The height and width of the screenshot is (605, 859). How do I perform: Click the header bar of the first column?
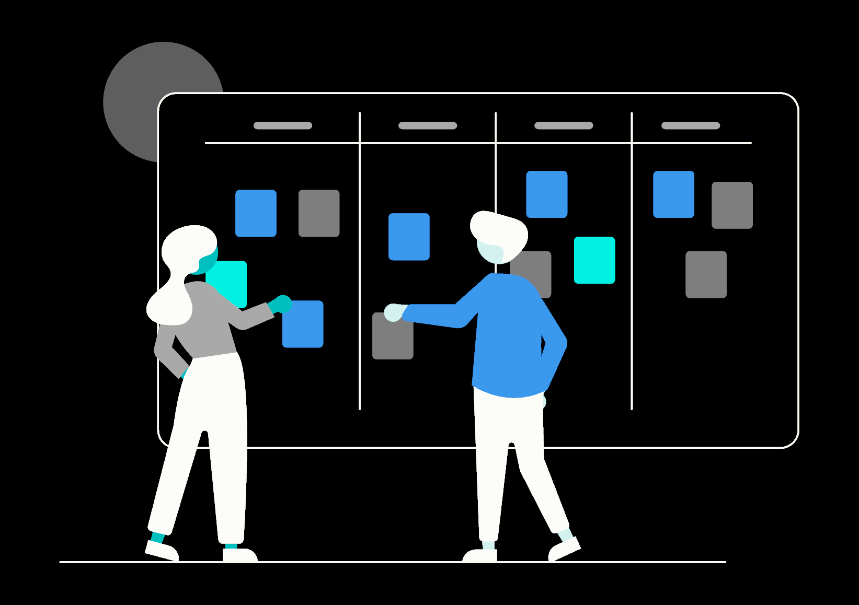[x=282, y=125]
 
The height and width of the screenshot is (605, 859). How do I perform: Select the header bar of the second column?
[x=428, y=125]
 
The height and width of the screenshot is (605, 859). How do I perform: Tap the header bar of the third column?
[x=564, y=125]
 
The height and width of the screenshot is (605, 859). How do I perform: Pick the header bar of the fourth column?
[x=691, y=125]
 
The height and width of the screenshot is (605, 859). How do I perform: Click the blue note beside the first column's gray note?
[x=256, y=213]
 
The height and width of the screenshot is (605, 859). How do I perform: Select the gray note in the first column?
[x=319, y=213]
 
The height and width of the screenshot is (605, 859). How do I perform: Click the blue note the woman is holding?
[x=304, y=327]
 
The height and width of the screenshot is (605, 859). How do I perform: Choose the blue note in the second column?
[x=409, y=237]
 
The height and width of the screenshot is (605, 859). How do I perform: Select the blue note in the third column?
[x=546, y=194]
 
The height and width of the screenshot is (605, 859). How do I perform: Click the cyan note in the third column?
[x=594, y=260]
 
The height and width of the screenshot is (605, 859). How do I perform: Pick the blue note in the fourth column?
[x=673, y=194]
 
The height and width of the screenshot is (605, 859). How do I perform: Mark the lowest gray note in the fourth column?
[x=706, y=274]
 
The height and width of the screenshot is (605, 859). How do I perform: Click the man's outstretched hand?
[x=393, y=312]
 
